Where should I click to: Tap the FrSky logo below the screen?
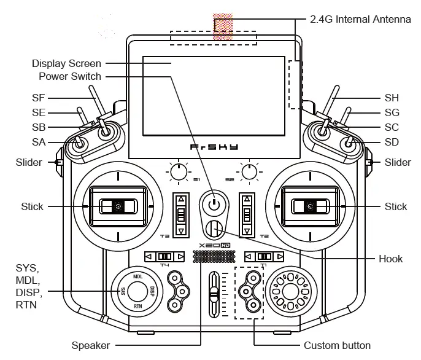point(213,147)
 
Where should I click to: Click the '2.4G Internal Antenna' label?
point(358,19)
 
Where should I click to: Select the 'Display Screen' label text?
point(66,64)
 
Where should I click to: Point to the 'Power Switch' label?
point(70,77)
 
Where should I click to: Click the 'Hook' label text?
point(390,259)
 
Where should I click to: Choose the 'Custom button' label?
point(337,345)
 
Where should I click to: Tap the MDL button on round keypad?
point(138,276)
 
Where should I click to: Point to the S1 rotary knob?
point(178,174)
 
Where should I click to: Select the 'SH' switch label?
point(392,98)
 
